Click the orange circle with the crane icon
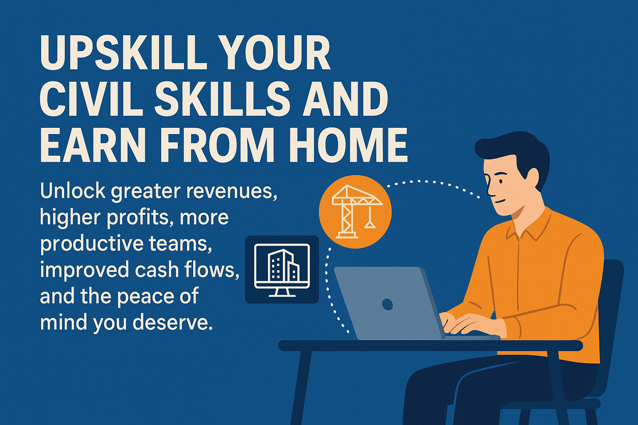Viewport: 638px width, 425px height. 355,212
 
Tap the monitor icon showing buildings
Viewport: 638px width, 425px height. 282,269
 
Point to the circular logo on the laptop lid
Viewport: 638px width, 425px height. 388,305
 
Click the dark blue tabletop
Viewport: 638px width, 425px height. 430,346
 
